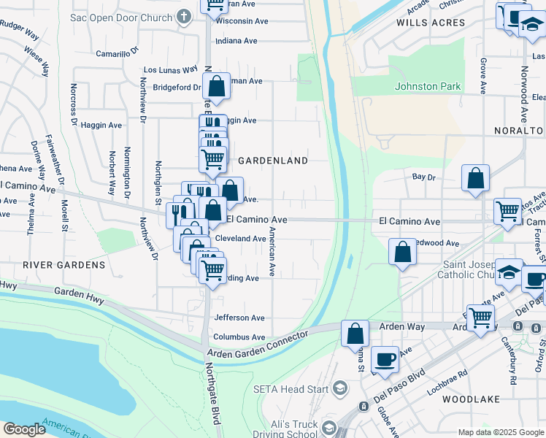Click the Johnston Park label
tap(428, 86)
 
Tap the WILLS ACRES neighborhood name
tap(431, 23)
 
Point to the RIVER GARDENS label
tap(64, 264)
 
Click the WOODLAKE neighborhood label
tap(472, 399)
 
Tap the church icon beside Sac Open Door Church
tap(185, 15)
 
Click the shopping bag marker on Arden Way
tap(355, 333)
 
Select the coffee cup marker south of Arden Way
tap(385, 358)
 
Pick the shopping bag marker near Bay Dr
tap(475, 178)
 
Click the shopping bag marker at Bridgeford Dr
tap(216, 86)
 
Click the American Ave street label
tap(272, 251)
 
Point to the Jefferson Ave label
tap(239, 318)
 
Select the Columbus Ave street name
tap(239, 337)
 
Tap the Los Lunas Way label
tap(171, 70)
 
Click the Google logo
tap(24, 429)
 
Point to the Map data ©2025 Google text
tap(500, 432)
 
